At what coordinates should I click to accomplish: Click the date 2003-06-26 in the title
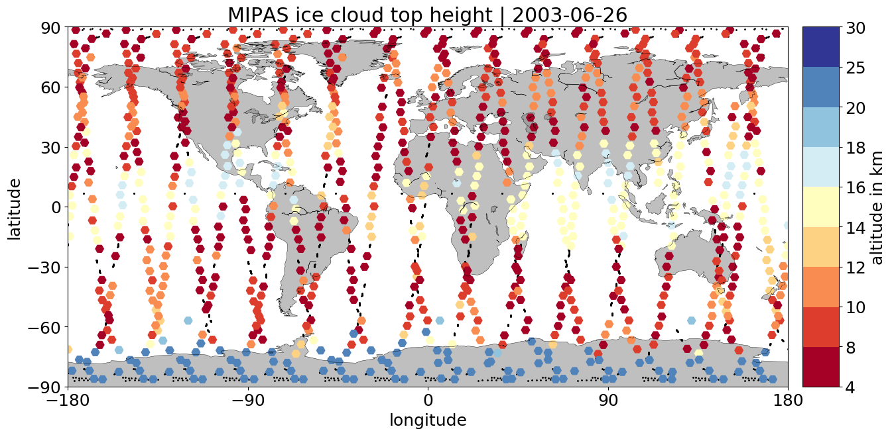[570, 15]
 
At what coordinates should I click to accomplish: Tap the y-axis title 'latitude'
[14, 209]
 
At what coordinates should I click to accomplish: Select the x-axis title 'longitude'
[428, 420]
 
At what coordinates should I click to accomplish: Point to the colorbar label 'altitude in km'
[877, 208]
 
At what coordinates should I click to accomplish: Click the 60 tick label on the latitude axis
[51, 87]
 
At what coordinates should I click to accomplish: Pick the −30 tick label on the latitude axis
[44, 267]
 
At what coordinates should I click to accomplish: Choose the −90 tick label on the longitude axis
[248, 400]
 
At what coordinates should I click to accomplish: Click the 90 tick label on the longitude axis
[608, 400]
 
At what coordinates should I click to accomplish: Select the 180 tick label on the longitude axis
[788, 400]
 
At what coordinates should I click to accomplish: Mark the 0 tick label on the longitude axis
[428, 400]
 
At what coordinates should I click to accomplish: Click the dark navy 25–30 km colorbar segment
[821, 47]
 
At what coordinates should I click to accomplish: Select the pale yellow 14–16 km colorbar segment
[821, 207]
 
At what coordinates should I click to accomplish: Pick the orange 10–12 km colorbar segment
[821, 287]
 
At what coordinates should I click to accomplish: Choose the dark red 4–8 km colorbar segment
[821, 367]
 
